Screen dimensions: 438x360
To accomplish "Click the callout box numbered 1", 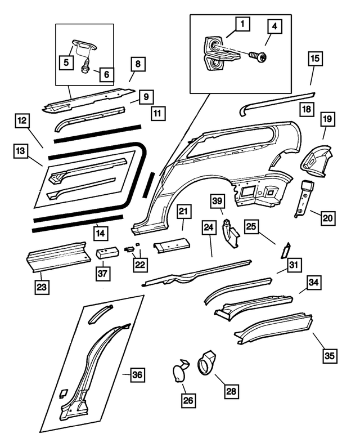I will pyautogui.click(x=242, y=24).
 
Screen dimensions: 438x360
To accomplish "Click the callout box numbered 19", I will pyautogui.click(x=328, y=119).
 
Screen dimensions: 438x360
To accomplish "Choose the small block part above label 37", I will pyautogui.click(x=106, y=253).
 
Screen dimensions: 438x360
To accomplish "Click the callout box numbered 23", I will pyautogui.click(x=41, y=286).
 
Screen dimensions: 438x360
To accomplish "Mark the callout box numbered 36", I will pyautogui.click(x=138, y=375).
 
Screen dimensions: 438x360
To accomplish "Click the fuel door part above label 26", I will pyautogui.click(x=180, y=372).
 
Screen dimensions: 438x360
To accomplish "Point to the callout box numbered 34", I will pyautogui.click(x=314, y=283).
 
